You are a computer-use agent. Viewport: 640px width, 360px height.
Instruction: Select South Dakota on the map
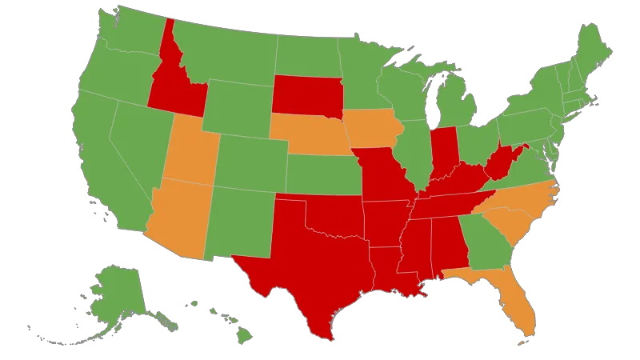coord(306,95)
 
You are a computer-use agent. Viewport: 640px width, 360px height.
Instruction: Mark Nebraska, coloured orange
coord(308,134)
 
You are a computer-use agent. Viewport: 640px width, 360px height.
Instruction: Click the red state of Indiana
coord(443,151)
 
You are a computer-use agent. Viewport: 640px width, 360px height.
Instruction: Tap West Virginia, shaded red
coord(499,164)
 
